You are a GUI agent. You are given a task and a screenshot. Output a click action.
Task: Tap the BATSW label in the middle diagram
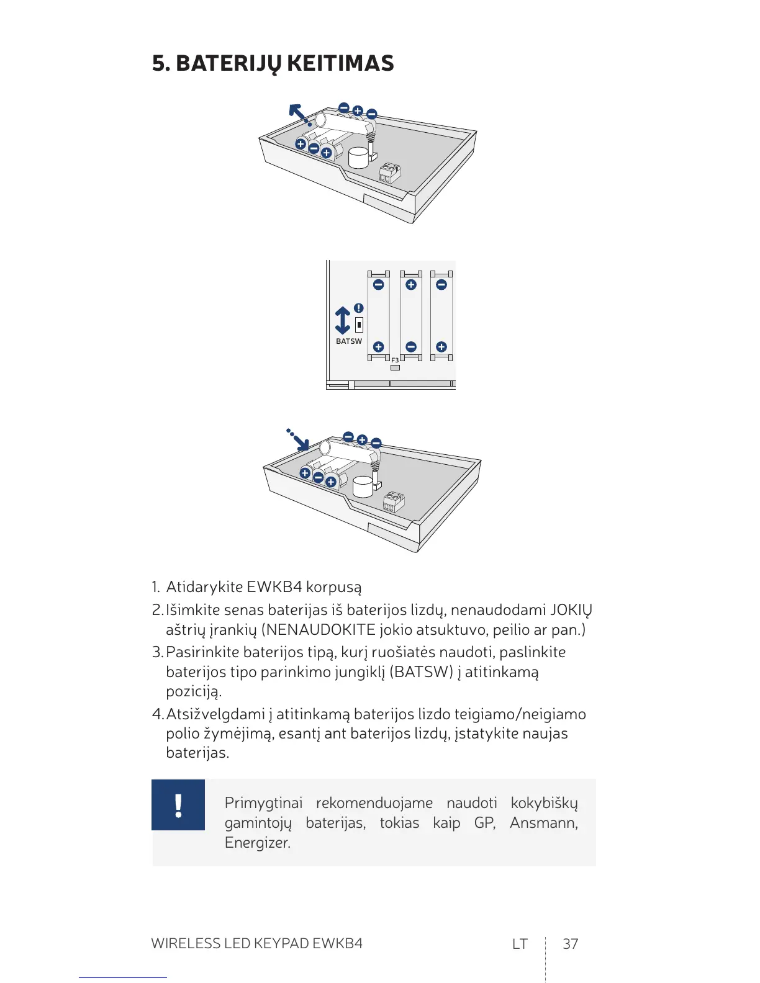[x=348, y=341]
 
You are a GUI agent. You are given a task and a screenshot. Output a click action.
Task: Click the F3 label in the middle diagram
[x=395, y=360]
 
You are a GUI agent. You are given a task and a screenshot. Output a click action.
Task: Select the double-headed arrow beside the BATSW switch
[x=343, y=320]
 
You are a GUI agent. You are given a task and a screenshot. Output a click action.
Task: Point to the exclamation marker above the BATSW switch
[x=359, y=308]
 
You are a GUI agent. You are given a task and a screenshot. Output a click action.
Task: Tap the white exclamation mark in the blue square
[x=178, y=805]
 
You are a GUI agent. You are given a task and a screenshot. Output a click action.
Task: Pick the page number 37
[x=570, y=944]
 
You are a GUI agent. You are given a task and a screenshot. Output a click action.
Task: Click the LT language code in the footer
[x=520, y=944]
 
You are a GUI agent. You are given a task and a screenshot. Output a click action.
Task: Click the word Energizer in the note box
[x=257, y=843]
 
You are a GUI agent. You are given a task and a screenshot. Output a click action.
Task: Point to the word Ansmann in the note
[x=543, y=823]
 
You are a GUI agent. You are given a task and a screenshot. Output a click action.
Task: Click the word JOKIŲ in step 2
[x=571, y=610]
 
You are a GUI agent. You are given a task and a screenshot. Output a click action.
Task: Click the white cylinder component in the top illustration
[x=358, y=158]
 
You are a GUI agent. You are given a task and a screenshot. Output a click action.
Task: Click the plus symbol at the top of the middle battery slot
[x=410, y=285]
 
